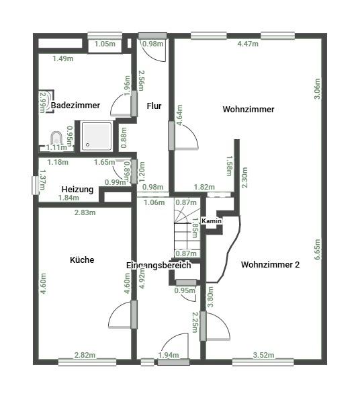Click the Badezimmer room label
[76, 106]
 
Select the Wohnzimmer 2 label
[270, 264]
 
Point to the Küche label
[82, 260]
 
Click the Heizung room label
[77, 189]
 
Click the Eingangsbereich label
[159, 266]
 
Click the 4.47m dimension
[248, 45]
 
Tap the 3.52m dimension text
[265, 355]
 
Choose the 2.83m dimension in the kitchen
[85, 212]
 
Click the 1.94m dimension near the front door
[168, 355]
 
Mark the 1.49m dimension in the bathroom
[62, 58]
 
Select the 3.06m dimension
[317, 89]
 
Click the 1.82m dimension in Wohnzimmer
[204, 187]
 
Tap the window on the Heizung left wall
[35, 186]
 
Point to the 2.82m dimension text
[85, 355]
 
